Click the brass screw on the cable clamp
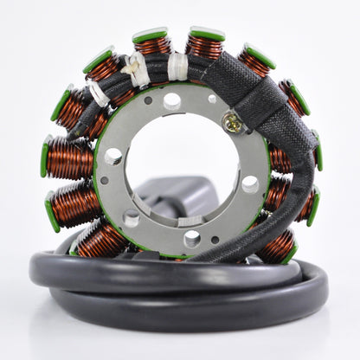(x=231, y=124)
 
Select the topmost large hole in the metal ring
(x=172, y=100)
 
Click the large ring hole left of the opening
(x=113, y=156)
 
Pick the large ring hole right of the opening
(x=249, y=183)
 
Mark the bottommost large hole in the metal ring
(x=192, y=238)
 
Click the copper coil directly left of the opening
(x=69, y=158)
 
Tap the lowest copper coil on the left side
(x=102, y=240)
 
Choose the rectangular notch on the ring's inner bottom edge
(x=190, y=222)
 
